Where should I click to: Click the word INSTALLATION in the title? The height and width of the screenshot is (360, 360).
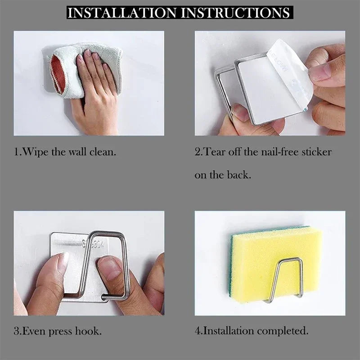(122, 13)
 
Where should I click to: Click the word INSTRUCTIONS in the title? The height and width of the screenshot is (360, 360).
(235, 13)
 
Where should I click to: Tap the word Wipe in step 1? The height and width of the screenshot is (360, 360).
(36, 152)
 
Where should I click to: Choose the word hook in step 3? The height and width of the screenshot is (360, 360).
(88, 331)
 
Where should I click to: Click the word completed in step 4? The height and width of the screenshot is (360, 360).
(283, 332)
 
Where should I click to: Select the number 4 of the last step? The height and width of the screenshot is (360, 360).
(198, 331)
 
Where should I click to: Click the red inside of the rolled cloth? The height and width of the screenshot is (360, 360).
(58, 75)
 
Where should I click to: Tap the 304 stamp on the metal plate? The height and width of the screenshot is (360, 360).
(98, 244)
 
